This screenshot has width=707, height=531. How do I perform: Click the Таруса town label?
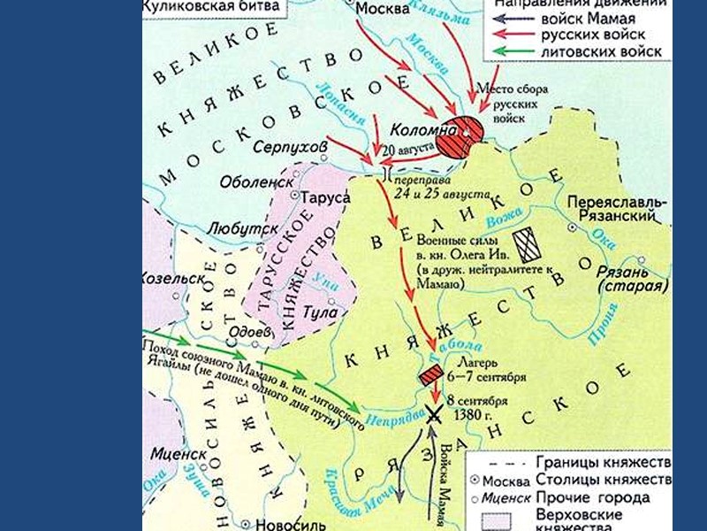pos(325,198)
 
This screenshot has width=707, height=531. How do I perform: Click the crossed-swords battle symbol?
pos(434,412)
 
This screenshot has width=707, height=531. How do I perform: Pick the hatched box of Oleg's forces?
pos(528,242)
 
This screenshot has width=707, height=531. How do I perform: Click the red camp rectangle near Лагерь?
pos(431,375)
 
